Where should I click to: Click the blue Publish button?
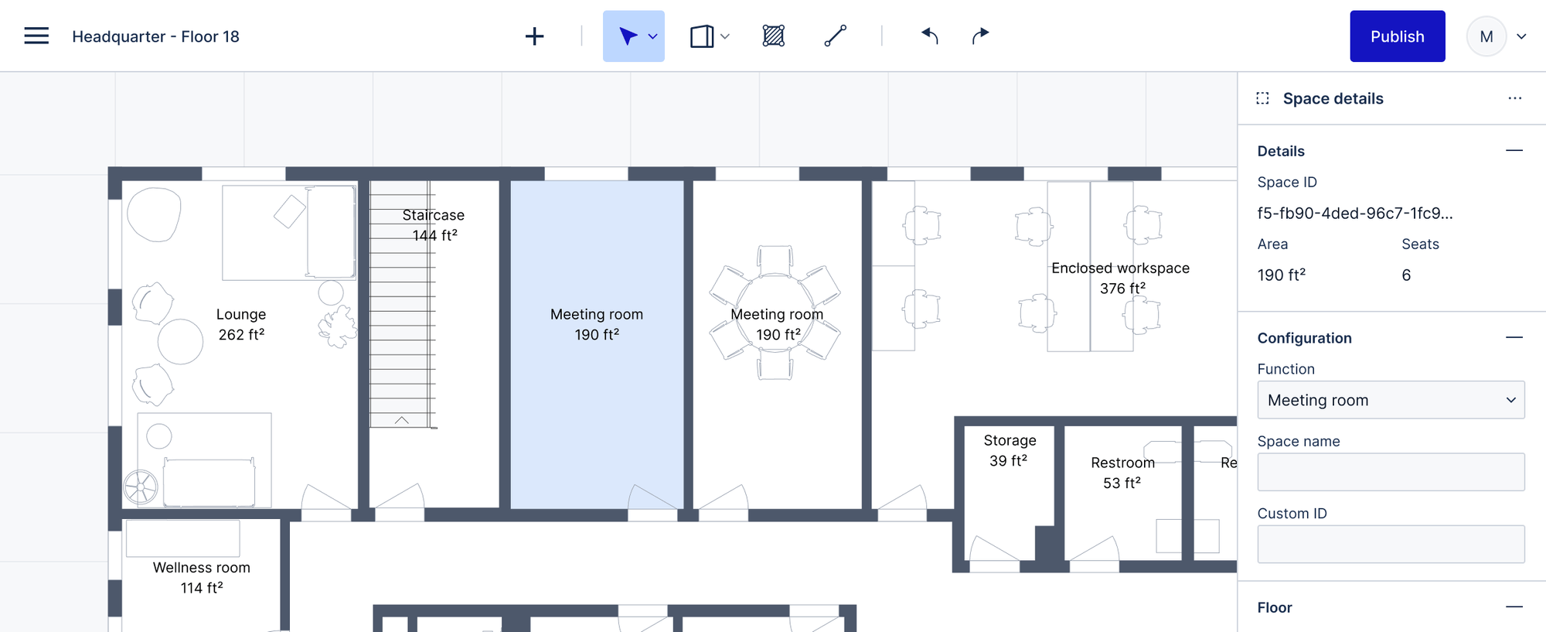point(1397,36)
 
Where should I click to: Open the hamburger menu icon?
point(36,36)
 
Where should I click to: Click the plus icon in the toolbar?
point(534,36)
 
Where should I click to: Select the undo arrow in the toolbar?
point(929,36)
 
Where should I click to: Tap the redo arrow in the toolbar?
point(980,36)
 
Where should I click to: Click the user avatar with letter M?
point(1486,36)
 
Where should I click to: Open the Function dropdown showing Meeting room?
point(1390,400)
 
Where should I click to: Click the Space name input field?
point(1390,472)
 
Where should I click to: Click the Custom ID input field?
point(1390,544)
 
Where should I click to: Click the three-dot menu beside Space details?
point(1514,98)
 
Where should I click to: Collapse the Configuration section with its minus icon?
point(1514,337)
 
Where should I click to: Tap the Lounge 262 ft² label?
point(241,324)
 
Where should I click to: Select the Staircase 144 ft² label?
point(433,225)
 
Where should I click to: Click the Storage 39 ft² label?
point(1009,450)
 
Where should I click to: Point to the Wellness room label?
point(202,577)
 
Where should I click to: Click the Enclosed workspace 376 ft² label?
point(1121,278)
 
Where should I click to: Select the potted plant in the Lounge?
point(339,326)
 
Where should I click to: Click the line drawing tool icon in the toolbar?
point(835,36)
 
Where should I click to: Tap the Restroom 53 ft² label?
point(1122,473)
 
